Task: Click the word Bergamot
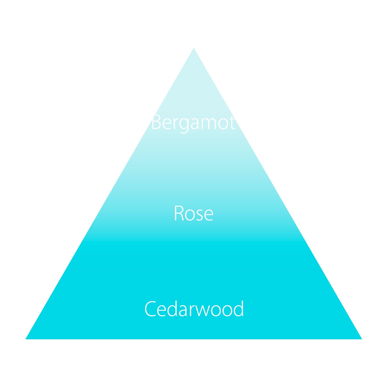pyautogui.click(x=193, y=123)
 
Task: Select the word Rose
pyautogui.click(x=193, y=213)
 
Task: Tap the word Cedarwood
pyautogui.click(x=194, y=309)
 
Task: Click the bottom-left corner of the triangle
pyautogui.click(x=26, y=339)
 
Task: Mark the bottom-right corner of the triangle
pyautogui.click(x=361, y=339)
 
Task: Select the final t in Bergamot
pyautogui.click(x=232, y=123)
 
